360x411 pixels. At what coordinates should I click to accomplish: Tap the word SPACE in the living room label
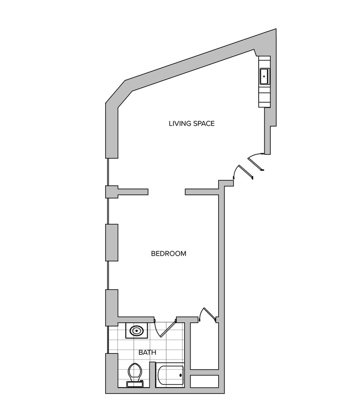pyautogui.click(x=203, y=124)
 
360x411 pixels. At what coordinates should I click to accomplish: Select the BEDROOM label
pyautogui.click(x=169, y=254)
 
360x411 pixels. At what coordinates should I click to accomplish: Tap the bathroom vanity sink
pyautogui.click(x=136, y=331)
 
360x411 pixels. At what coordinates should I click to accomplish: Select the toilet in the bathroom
pyautogui.click(x=135, y=373)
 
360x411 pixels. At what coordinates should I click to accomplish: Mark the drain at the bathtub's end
pyautogui.click(x=181, y=375)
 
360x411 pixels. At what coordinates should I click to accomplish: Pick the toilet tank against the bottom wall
pyautogui.click(x=135, y=384)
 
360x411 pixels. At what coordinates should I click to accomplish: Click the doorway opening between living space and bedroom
pyautogui.click(x=166, y=191)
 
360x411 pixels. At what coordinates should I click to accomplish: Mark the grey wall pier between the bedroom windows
pyautogui.click(x=112, y=242)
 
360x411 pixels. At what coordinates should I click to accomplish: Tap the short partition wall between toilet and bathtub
pyautogui.click(x=152, y=375)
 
